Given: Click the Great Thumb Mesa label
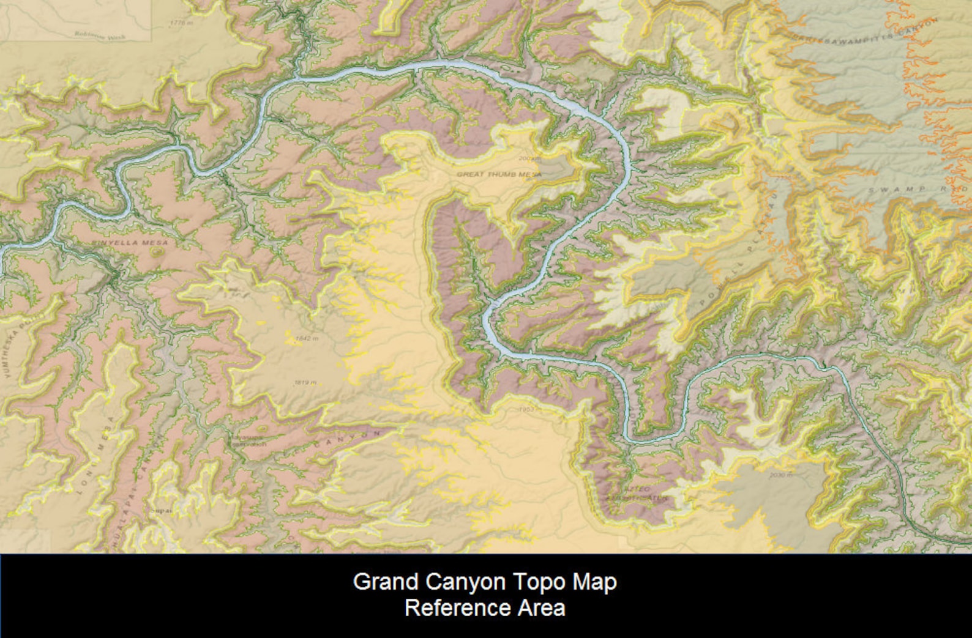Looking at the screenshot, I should pyautogui.click(x=499, y=174).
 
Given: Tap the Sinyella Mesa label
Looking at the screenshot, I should pyautogui.click(x=129, y=243).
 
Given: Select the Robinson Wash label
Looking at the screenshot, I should pyautogui.click(x=99, y=36).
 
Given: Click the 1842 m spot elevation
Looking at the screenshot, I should pyautogui.click(x=307, y=338).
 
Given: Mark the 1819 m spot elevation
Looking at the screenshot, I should pyautogui.click(x=305, y=382).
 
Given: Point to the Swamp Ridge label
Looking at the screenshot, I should pyautogui.click(x=918, y=189).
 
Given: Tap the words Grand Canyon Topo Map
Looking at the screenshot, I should pyautogui.click(x=485, y=582).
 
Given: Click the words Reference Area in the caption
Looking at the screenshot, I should pyautogui.click(x=485, y=609).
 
